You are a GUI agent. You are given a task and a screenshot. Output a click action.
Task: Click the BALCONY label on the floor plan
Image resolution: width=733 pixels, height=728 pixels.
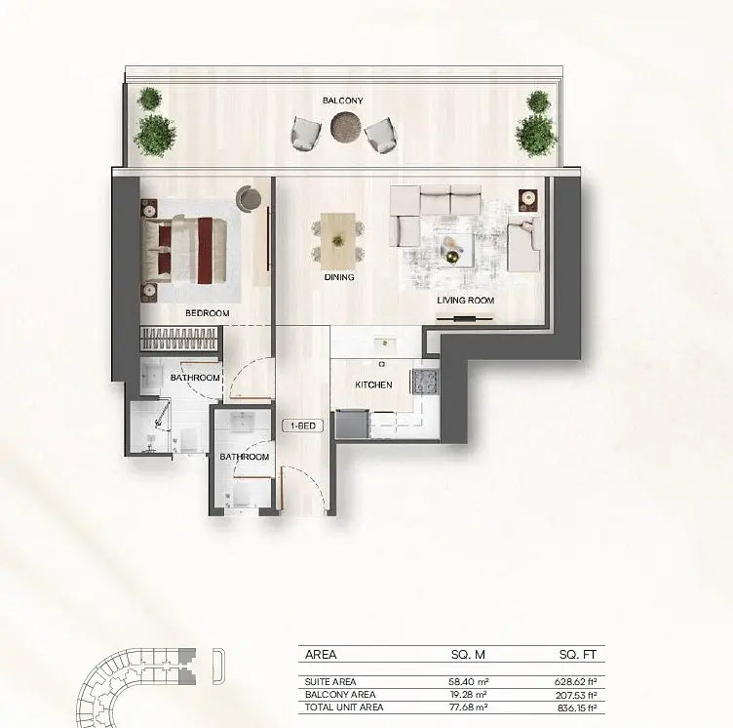(343, 101)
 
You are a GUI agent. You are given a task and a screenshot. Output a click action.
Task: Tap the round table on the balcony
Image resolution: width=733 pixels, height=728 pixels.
(346, 127)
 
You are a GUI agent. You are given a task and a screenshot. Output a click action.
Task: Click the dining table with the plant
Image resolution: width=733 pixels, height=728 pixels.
(337, 241)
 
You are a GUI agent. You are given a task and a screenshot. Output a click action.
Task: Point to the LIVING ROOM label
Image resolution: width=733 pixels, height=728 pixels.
(466, 301)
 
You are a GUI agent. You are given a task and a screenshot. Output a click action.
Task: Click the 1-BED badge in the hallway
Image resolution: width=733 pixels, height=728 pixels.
(303, 426)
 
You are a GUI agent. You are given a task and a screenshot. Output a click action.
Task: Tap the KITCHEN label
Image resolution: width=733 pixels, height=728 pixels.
(373, 384)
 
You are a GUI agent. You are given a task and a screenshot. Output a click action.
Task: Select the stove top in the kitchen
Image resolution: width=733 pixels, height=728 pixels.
(425, 382)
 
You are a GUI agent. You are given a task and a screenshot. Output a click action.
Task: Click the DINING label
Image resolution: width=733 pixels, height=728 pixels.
(339, 277)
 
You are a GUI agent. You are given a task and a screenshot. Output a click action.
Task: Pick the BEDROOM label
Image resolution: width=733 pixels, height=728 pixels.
(207, 313)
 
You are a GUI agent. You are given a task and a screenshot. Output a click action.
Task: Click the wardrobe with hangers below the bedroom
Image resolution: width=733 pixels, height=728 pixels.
(178, 338)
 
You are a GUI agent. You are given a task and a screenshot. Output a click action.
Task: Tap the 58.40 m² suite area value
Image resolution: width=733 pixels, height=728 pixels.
(469, 682)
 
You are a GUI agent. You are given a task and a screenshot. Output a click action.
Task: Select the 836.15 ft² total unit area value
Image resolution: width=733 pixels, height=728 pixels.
(577, 708)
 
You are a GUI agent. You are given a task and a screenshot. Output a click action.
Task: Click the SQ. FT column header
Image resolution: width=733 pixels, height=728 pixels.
(578, 655)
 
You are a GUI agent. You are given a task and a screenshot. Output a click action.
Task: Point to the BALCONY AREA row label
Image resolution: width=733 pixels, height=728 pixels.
(340, 695)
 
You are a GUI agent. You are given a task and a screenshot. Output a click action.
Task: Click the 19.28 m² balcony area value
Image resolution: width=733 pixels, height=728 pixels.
(469, 695)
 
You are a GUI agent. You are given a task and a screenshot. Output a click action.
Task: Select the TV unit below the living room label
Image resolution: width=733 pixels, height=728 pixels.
(465, 319)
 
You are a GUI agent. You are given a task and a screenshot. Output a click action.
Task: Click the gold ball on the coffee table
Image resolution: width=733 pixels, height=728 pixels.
(452, 258)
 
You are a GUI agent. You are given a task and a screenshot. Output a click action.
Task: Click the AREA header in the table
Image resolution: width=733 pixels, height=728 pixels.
(321, 655)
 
